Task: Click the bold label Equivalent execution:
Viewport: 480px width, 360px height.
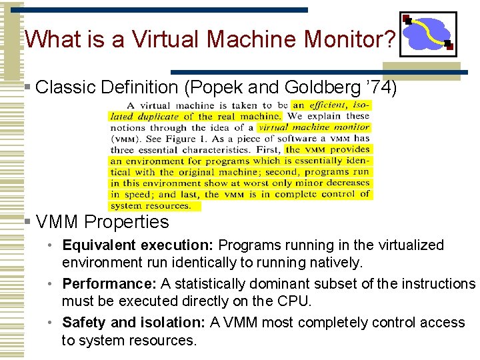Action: (138, 245)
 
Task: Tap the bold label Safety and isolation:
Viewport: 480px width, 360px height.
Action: (134, 323)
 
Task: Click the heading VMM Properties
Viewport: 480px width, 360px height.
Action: (103, 221)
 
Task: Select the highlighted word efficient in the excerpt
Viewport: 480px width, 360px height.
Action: (327, 105)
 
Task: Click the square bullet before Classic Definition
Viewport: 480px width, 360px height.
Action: (26, 87)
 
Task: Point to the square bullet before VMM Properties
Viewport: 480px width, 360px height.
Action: (26, 221)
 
